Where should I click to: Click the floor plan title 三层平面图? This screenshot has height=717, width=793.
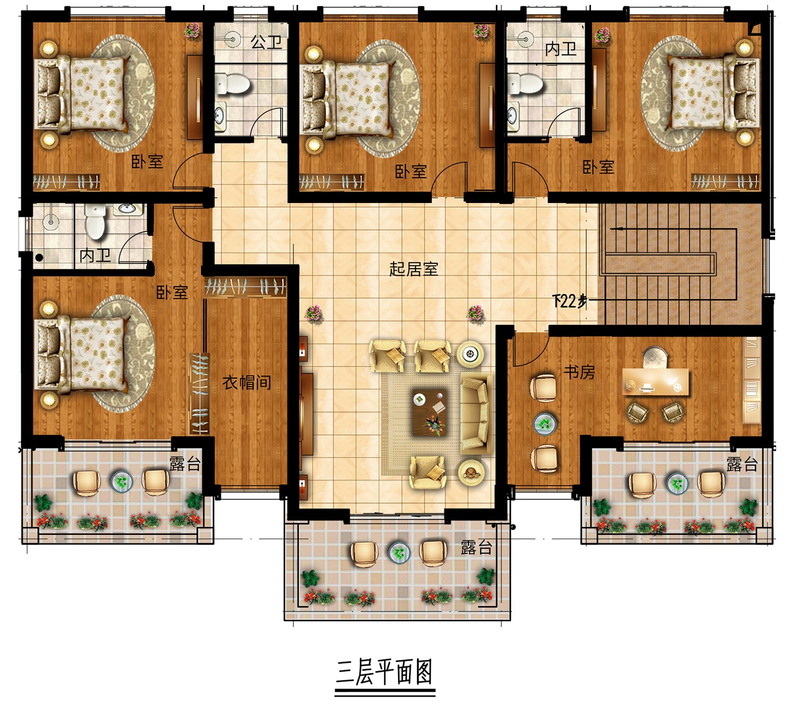coord(384,672)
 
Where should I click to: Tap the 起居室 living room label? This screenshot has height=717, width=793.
coord(413,269)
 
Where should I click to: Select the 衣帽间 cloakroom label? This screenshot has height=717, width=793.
coord(247,382)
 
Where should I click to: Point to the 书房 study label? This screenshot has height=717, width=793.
coord(579,372)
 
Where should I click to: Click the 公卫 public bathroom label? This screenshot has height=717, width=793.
coord(266,42)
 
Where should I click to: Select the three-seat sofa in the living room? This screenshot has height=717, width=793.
coord(476,413)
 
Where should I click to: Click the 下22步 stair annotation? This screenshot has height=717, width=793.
coord(570,302)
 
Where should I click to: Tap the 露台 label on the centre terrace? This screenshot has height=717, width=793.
coord(476,548)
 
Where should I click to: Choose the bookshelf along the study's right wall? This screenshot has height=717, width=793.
coord(751,381)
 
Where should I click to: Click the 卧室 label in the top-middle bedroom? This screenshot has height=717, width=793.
coord(411,172)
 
